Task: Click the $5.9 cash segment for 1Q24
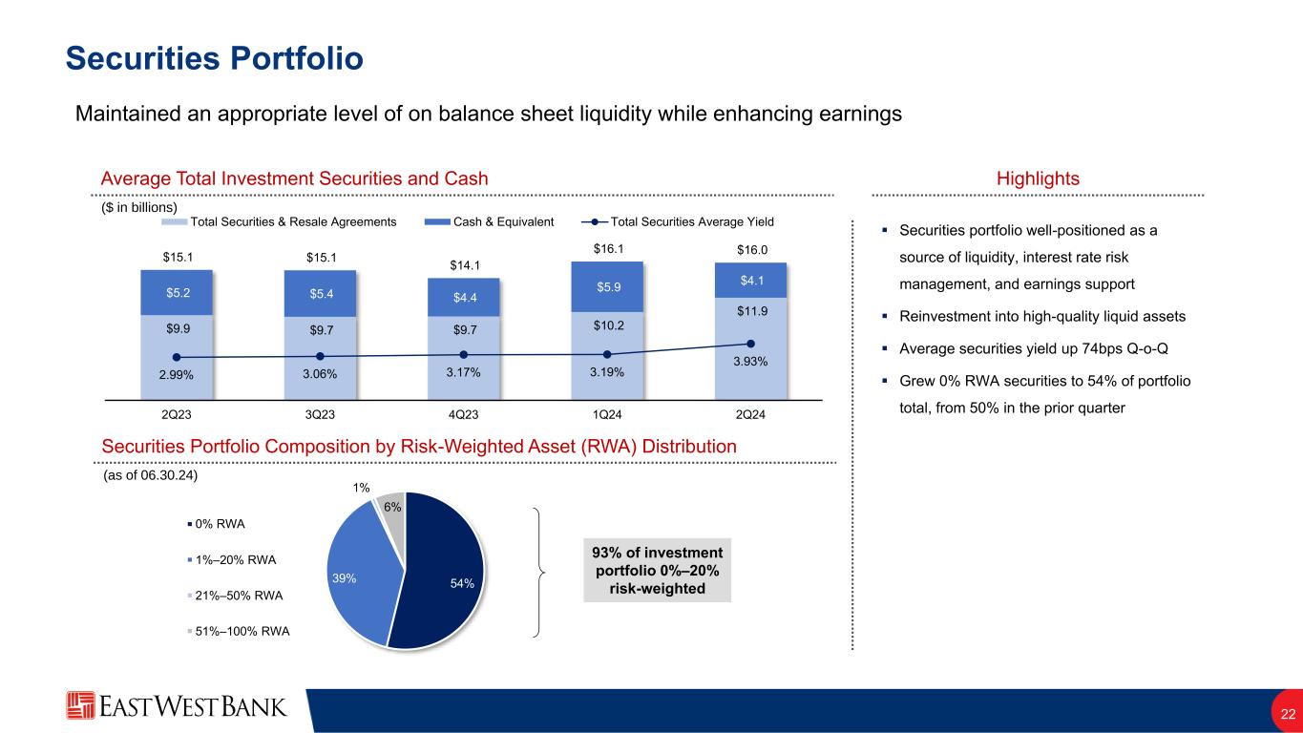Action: point(607,286)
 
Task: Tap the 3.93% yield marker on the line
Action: point(750,344)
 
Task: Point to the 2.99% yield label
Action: point(177,374)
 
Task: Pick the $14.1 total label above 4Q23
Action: point(463,265)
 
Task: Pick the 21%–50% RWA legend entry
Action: point(240,596)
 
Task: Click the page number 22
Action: point(1288,714)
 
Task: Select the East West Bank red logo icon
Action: point(80,705)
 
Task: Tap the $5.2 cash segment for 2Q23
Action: point(177,292)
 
